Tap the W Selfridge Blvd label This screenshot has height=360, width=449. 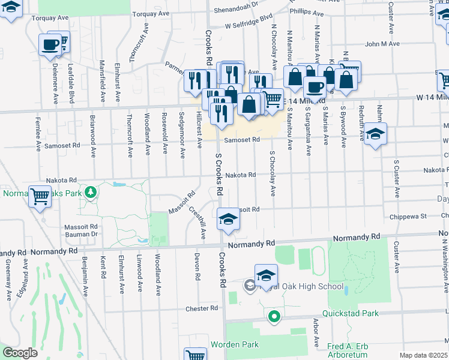pyautogui.click(x=249, y=26)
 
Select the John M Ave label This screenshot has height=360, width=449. pyautogui.click(x=382, y=44)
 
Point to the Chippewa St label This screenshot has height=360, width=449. pyautogui.click(x=408, y=216)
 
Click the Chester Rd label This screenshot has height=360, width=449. pyautogui.click(x=201, y=308)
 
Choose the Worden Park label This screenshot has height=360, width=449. pyautogui.click(x=234, y=344)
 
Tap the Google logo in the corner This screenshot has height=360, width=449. pyautogui.click(x=19, y=353)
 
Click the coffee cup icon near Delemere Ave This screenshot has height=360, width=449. pyautogui.click(x=50, y=44)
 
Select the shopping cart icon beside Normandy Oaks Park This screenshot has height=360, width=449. pyautogui.click(x=40, y=196)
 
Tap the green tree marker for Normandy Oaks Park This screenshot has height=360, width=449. pyautogui.click(x=91, y=192)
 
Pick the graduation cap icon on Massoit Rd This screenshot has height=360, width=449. pyautogui.click(x=228, y=219)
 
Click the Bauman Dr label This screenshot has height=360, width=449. pyautogui.click(x=81, y=233)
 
